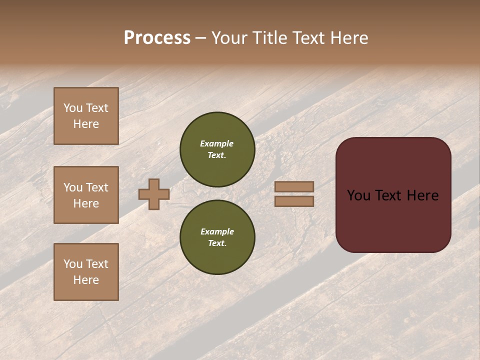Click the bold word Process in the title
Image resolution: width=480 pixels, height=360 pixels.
tap(157, 38)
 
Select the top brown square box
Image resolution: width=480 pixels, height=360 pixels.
tap(86, 116)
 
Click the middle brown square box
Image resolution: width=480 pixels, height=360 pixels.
tap(86, 195)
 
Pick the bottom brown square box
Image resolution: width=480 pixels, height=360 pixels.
tap(86, 272)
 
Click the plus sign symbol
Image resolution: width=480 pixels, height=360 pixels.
tap(154, 194)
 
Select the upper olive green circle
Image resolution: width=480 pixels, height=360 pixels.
tap(217, 149)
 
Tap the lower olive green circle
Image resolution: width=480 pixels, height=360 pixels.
tap(217, 237)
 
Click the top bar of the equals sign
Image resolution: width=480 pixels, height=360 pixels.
tap(294, 187)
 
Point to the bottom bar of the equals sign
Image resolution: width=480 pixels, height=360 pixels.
tap(294, 201)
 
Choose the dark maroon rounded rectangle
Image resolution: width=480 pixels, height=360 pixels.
tap(393, 195)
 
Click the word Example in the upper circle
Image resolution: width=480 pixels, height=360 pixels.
tap(217, 143)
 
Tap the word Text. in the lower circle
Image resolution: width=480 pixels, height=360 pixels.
tap(217, 243)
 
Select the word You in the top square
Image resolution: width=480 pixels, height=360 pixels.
tap(73, 108)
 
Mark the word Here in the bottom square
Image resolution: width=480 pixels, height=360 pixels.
tap(86, 280)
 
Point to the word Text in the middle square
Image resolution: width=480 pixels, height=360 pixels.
tap(97, 187)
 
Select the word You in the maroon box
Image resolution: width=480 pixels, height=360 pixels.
tap(358, 195)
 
